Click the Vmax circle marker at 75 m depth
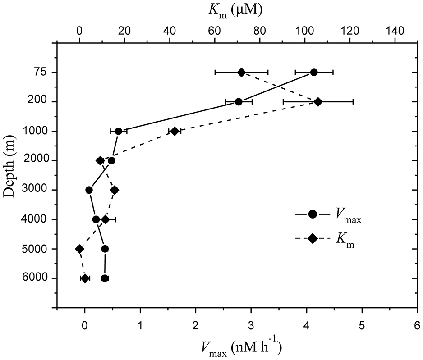314,72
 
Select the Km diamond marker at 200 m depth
318,102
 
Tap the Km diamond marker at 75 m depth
242,72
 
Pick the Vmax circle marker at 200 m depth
239,102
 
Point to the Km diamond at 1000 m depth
175,131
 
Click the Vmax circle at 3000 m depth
89,190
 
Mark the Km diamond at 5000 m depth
79,249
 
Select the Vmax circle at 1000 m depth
118,131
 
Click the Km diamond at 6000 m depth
85,278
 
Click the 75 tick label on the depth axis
38,72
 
